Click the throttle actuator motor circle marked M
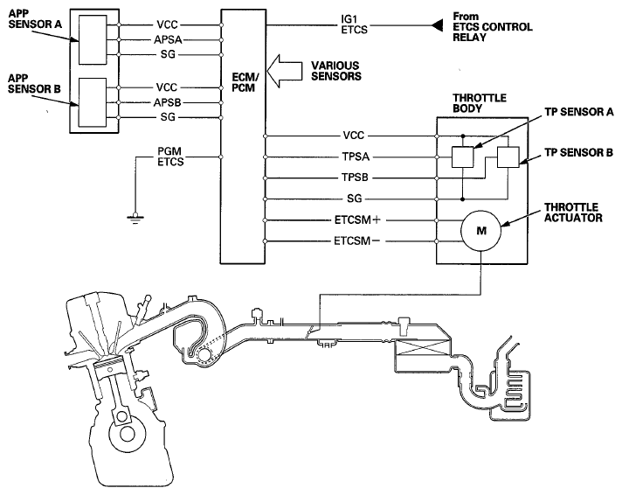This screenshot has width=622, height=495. pyautogui.click(x=480, y=231)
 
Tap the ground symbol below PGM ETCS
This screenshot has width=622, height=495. pyautogui.click(x=135, y=219)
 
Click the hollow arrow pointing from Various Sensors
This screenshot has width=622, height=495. pyautogui.click(x=285, y=71)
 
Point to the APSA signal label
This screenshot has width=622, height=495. pyautogui.click(x=169, y=39)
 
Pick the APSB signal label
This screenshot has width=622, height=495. pyautogui.click(x=168, y=102)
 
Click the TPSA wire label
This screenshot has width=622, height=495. pyautogui.click(x=356, y=157)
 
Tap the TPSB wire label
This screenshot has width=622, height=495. pyautogui.click(x=355, y=178)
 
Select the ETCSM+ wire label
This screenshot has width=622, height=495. pyautogui.click(x=357, y=220)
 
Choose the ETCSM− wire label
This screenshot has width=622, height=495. pyautogui.click(x=356, y=241)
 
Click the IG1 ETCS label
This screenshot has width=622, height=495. pyautogui.click(x=354, y=24)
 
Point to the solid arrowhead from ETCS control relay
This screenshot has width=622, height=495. pyautogui.click(x=437, y=25)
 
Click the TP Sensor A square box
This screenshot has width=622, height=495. pyautogui.click(x=462, y=157)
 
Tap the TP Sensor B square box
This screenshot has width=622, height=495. pyautogui.click(x=508, y=157)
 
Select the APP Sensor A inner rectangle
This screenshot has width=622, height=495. pyautogui.click(x=93, y=39)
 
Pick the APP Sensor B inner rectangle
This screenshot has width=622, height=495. pyautogui.click(x=93, y=102)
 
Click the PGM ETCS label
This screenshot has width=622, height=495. pyautogui.click(x=170, y=157)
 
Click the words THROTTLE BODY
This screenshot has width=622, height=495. pyautogui.click(x=480, y=103)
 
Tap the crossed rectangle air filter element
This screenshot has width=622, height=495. pyautogui.click(x=424, y=349)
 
